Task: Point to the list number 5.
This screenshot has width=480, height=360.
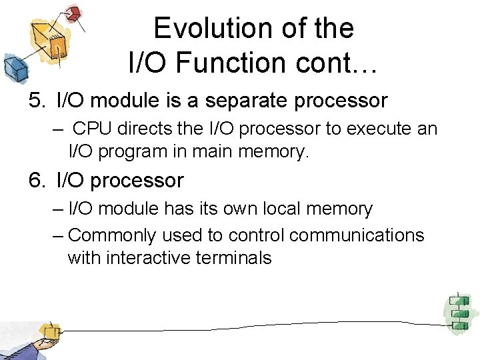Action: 35,101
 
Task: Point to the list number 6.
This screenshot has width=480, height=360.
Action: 35,181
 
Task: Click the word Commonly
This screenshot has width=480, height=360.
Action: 112,235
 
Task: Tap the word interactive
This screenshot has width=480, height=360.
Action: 152,258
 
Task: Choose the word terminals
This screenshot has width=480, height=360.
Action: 234,258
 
